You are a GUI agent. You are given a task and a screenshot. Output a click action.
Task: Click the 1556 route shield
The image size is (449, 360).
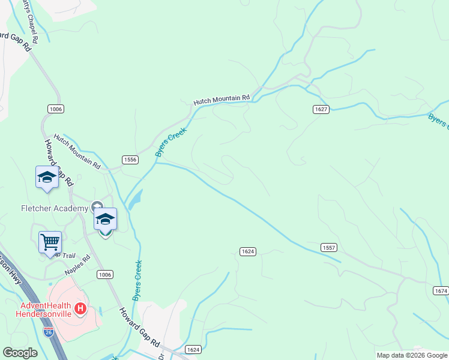pos(130,159)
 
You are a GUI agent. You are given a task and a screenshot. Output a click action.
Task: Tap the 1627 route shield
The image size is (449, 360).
pos(321,109)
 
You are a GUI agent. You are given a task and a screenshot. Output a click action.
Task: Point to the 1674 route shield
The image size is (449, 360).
pos(440,290)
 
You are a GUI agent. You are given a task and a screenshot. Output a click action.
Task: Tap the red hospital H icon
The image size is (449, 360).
pos(80,310)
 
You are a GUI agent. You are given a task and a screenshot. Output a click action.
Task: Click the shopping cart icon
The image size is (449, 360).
pos(50,242)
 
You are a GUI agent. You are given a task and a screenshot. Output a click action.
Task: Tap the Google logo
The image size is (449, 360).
pos(20,353)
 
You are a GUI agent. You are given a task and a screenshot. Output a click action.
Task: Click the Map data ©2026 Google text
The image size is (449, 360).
pos(412,355)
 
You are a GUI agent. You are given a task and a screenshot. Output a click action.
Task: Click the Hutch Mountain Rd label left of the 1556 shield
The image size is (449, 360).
pos(76,150)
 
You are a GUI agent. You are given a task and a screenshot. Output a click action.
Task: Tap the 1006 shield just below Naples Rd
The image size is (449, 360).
pos(104,274)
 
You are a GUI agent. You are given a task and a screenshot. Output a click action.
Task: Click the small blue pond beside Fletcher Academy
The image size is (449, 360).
pos(136,199)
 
